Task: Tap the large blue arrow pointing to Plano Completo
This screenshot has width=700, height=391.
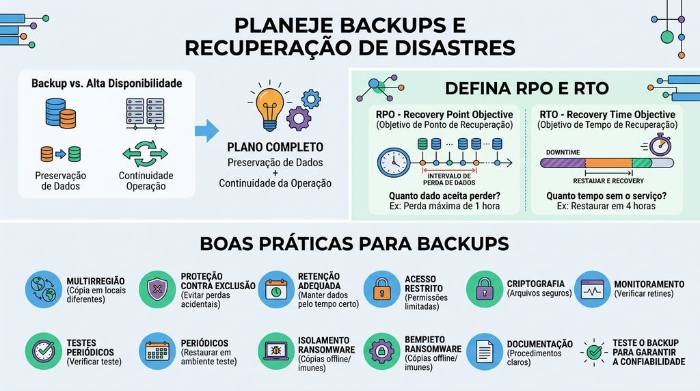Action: tap(206, 131)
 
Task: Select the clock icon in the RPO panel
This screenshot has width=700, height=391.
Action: tap(394, 163)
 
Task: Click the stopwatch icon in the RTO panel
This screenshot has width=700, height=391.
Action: tap(660, 145)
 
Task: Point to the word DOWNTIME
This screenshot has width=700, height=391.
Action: tap(563, 152)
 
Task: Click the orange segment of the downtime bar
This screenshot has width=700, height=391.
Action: tap(608, 163)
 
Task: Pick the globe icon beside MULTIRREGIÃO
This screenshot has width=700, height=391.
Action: tap(43, 289)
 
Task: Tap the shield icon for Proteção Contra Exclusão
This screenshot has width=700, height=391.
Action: tap(157, 289)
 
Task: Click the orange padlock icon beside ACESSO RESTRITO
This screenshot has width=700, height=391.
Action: tap(381, 289)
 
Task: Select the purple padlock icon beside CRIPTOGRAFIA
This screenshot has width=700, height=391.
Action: tap(485, 289)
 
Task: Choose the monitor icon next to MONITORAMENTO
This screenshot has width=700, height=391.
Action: tap(593, 289)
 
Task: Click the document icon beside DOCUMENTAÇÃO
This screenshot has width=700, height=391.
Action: tap(485, 351)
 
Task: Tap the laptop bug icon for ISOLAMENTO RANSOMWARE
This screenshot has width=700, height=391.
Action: tap(276, 351)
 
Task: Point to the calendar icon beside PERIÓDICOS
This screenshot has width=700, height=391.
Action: tap(157, 351)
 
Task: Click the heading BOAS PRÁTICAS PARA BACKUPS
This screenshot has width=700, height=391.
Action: tap(354, 244)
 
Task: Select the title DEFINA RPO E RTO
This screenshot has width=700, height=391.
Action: tap(527, 88)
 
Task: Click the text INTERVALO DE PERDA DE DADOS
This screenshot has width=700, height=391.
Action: tap(449, 179)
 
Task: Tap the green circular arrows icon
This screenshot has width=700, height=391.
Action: tap(145, 154)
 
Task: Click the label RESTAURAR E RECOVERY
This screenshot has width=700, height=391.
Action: tap(608, 180)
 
